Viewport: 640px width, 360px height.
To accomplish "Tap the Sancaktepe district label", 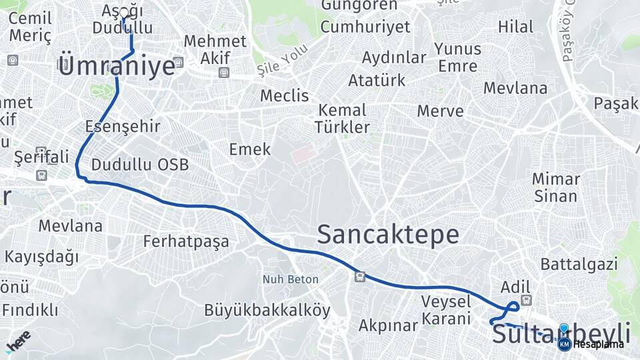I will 388,235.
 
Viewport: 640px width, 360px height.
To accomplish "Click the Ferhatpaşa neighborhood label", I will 186,241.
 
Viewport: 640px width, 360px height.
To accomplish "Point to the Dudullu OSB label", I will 140,165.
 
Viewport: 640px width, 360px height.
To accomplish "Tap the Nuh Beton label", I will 290,279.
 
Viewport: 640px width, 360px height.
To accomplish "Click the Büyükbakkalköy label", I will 267,310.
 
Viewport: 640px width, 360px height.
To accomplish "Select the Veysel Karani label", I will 446,309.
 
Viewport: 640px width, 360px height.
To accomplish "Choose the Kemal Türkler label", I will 342,118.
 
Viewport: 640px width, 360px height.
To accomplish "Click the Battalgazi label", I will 579,264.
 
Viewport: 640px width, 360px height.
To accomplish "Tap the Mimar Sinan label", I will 556,187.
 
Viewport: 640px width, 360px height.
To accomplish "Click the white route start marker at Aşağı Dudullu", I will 123,13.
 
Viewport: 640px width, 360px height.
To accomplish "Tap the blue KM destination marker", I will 564,343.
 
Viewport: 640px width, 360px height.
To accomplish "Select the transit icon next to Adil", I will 527,300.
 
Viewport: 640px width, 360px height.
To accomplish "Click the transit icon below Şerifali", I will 41,175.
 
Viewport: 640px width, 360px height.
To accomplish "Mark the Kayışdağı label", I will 41,257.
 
